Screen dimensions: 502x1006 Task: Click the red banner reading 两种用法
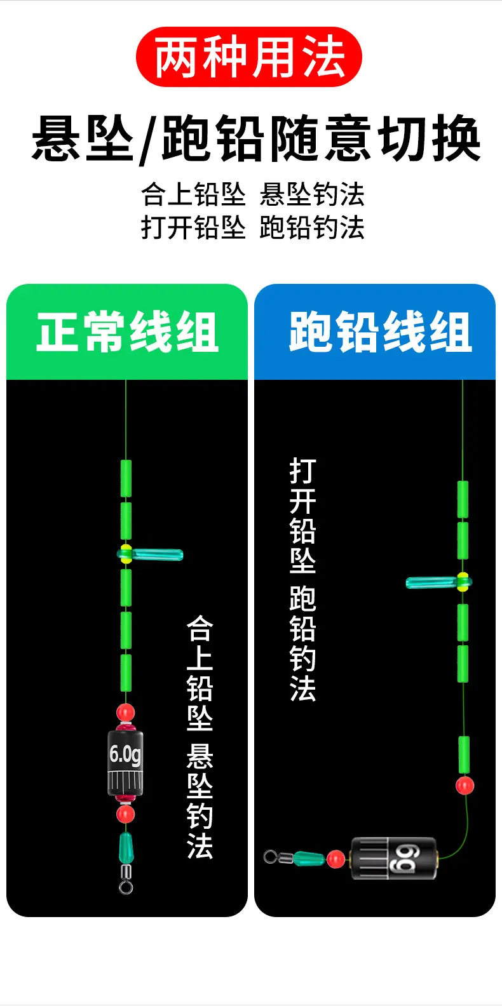click(249, 57)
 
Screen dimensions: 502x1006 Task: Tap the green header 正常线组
click(127, 332)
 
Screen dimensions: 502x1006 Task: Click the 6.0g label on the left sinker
click(125, 754)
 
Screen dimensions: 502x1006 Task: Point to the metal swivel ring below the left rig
click(126, 887)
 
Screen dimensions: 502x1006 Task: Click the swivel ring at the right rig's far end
click(270, 857)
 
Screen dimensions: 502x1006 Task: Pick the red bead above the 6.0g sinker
click(125, 713)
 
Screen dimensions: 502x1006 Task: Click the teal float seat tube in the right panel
click(438, 583)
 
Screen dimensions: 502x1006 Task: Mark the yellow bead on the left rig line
click(126, 554)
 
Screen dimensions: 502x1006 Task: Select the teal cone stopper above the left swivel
click(126, 847)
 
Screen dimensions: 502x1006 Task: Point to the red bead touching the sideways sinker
click(336, 859)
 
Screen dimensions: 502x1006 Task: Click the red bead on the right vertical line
click(465, 785)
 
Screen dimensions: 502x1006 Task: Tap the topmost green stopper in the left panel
click(126, 478)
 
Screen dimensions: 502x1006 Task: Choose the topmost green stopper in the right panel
click(463, 499)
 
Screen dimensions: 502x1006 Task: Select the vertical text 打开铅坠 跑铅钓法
click(303, 579)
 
